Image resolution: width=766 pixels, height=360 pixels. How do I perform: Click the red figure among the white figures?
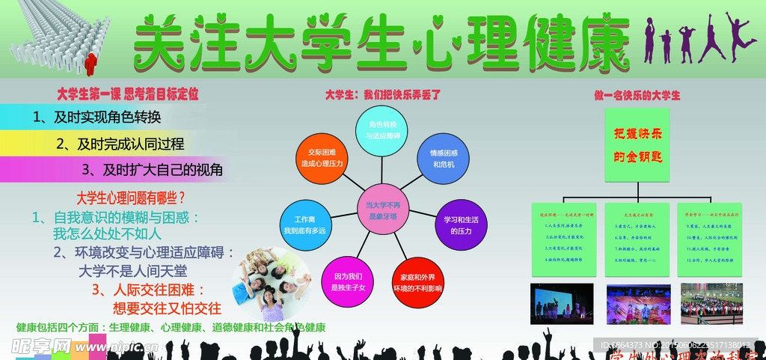(92, 63)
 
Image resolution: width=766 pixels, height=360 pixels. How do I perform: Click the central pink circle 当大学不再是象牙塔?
(382, 209)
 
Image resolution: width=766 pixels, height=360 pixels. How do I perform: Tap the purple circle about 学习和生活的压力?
(462, 225)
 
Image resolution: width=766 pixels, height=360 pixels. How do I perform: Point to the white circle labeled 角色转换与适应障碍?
(382, 129)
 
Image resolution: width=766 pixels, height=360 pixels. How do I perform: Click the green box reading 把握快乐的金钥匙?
(637, 145)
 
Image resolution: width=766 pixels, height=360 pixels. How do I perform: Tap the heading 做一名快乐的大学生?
(637, 95)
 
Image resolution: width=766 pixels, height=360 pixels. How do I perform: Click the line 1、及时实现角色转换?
(97, 117)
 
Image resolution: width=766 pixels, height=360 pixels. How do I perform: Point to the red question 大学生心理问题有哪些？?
(132, 198)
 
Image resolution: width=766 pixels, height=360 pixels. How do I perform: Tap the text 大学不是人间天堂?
(133, 270)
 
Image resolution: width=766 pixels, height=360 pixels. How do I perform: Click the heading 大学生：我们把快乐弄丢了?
(383, 95)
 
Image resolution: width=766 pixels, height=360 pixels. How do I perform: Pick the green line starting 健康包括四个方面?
(171, 328)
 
